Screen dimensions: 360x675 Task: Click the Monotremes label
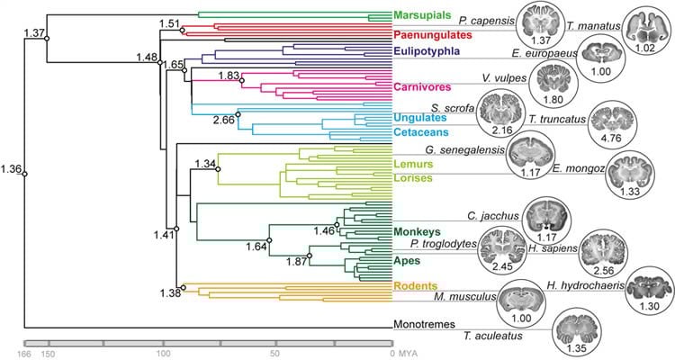426,324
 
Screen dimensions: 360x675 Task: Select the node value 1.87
286,262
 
